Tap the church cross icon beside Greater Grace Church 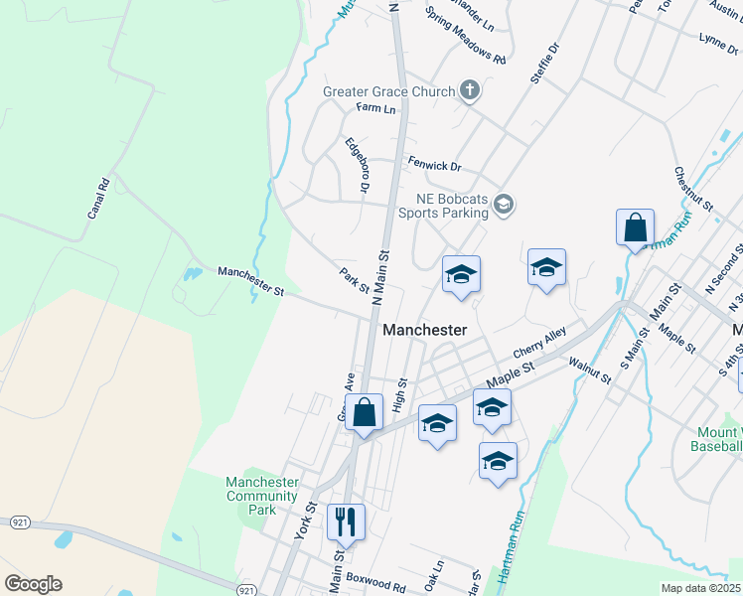click(x=470, y=91)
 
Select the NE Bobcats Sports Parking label click(x=443, y=205)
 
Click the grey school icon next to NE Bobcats click(x=504, y=205)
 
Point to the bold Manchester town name click(x=424, y=329)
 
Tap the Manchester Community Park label click(x=262, y=495)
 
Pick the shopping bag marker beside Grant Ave click(x=364, y=411)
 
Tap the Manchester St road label click(x=251, y=282)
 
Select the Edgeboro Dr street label click(x=357, y=166)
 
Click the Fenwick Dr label click(x=435, y=165)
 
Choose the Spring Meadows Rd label click(x=465, y=38)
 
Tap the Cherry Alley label click(x=539, y=343)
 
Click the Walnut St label click(x=589, y=370)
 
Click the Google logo click(x=33, y=584)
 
